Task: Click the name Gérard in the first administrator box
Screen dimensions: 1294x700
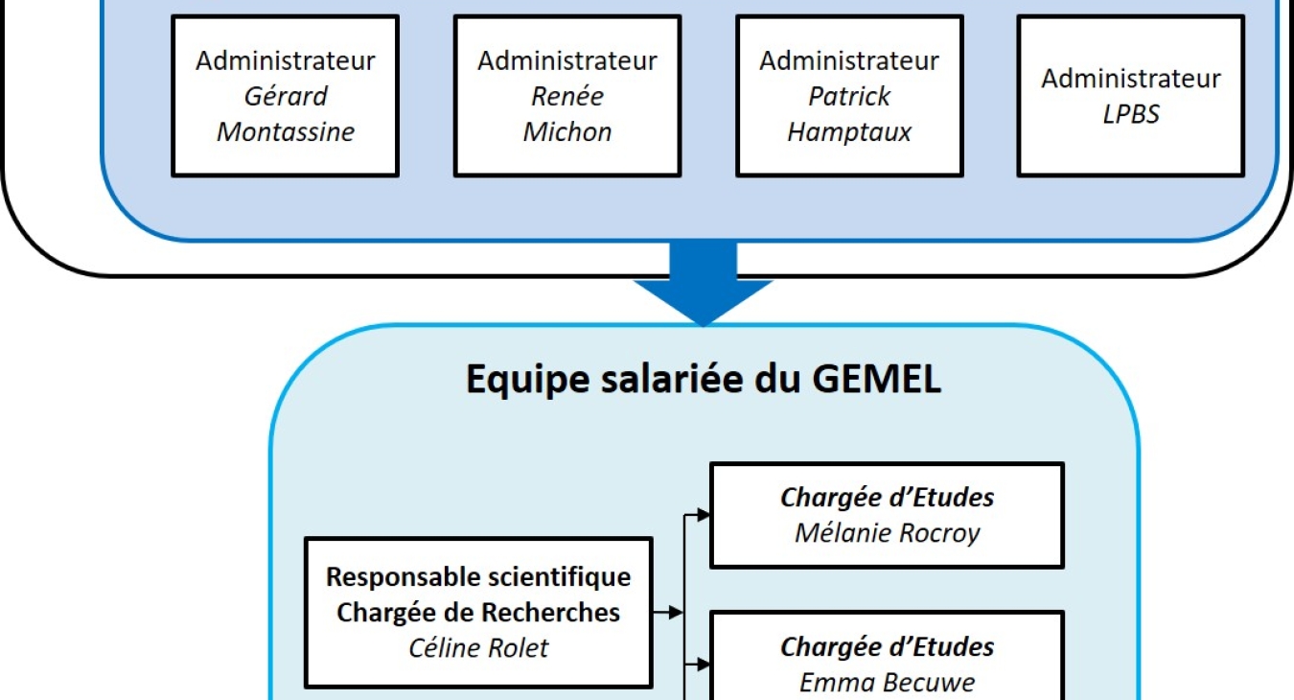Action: point(286,97)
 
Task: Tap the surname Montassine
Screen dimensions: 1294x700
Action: point(286,131)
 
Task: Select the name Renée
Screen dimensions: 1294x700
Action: point(567,96)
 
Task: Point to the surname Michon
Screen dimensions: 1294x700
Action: point(567,131)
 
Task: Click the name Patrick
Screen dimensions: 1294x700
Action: point(849,97)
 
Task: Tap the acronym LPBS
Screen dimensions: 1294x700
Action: point(1131,114)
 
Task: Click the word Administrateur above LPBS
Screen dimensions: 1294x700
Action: point(1131,79)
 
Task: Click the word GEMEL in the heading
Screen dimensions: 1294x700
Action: point(877,379)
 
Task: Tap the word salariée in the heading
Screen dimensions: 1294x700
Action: point(672,379)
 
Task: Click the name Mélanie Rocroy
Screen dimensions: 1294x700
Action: point(888,533)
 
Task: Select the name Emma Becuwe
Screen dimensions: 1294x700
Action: point(888,683)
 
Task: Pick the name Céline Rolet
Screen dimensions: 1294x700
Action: point(478,647)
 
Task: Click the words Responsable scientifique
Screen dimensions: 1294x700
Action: point(478,577)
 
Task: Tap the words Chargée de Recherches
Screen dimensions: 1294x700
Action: point(478,612)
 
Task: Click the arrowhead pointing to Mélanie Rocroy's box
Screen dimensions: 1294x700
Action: point(703,514)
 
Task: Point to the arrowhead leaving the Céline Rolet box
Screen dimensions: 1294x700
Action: point(676,612)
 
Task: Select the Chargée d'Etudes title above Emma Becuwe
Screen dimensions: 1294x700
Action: point(888,647)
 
